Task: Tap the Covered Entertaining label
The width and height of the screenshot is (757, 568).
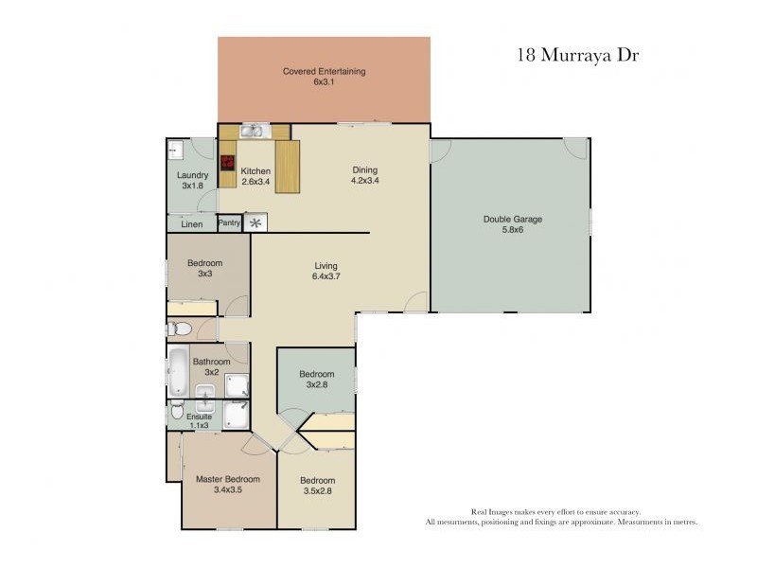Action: pyautogui.click(x=325, y=71)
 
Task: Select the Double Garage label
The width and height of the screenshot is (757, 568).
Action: pyautogui.click(x=513, y=219)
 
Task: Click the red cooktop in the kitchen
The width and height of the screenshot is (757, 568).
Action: pyautogui.click(x=228, y=161)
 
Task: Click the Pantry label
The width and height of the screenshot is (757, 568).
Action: pyautogui.click(x=229, y=223)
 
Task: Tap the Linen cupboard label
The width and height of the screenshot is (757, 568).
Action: pyautogui.click(x=192, y=224)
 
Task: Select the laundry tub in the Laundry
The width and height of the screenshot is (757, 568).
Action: pyautogui.click(x=174, y=149)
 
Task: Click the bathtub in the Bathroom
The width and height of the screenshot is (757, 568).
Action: pyautogui.click(x=179, y=372)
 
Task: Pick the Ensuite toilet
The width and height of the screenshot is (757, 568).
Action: pyautogui.click(x=177, y=412)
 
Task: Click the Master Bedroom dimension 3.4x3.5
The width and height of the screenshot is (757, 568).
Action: pyautogui.click(x=228, y=490)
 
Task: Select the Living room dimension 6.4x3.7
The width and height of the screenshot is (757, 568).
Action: pyautogui.click(x=326, y=277)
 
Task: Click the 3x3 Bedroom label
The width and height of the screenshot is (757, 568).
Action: pyautogui.click(x=204, y=263)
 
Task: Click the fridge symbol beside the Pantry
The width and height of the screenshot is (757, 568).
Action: pyautogui.click(x=255, y=223)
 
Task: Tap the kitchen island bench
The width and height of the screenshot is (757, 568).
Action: pyautogui.click(x=287, y=167)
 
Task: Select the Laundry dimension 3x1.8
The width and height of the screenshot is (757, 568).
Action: pyautogui.click(x=192, y=186)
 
